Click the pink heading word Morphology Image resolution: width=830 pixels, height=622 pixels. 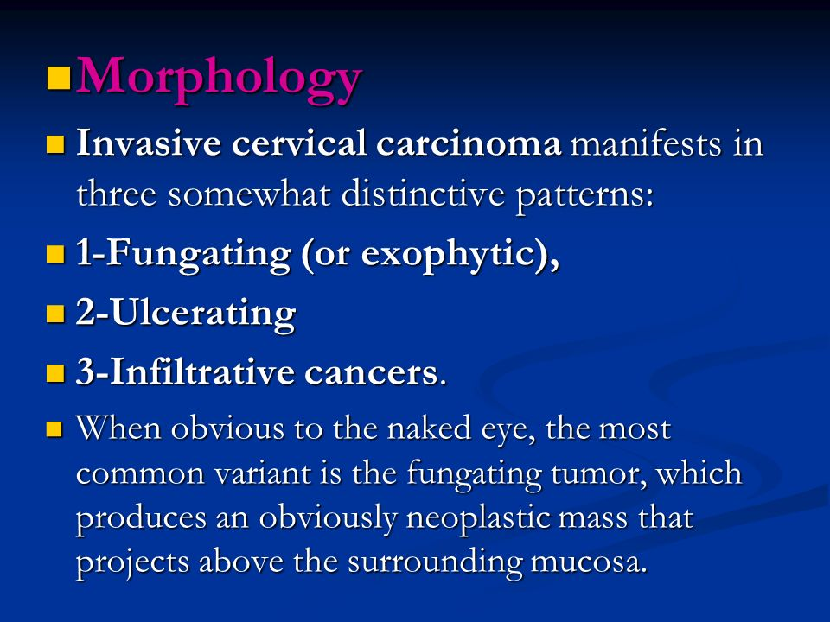(x=219, y=79)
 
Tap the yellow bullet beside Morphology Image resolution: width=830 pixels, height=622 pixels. (x=59, y=78)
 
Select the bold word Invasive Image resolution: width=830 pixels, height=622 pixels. (x=149, y=143)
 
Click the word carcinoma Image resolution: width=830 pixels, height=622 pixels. (x=469, y=143)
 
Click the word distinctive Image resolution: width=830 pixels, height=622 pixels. (x=423, y=194)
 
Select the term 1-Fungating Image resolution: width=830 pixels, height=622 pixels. (x=183, y=255)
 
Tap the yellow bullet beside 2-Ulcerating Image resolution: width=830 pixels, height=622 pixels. (x=55, y=314)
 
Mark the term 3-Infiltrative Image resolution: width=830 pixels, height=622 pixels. (x=185, y=371)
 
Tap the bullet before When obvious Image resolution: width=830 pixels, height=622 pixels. (x=54, y=428)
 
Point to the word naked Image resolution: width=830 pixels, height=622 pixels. (x=429, y=428)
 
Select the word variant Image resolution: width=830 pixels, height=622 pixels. (x=263, y=473)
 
